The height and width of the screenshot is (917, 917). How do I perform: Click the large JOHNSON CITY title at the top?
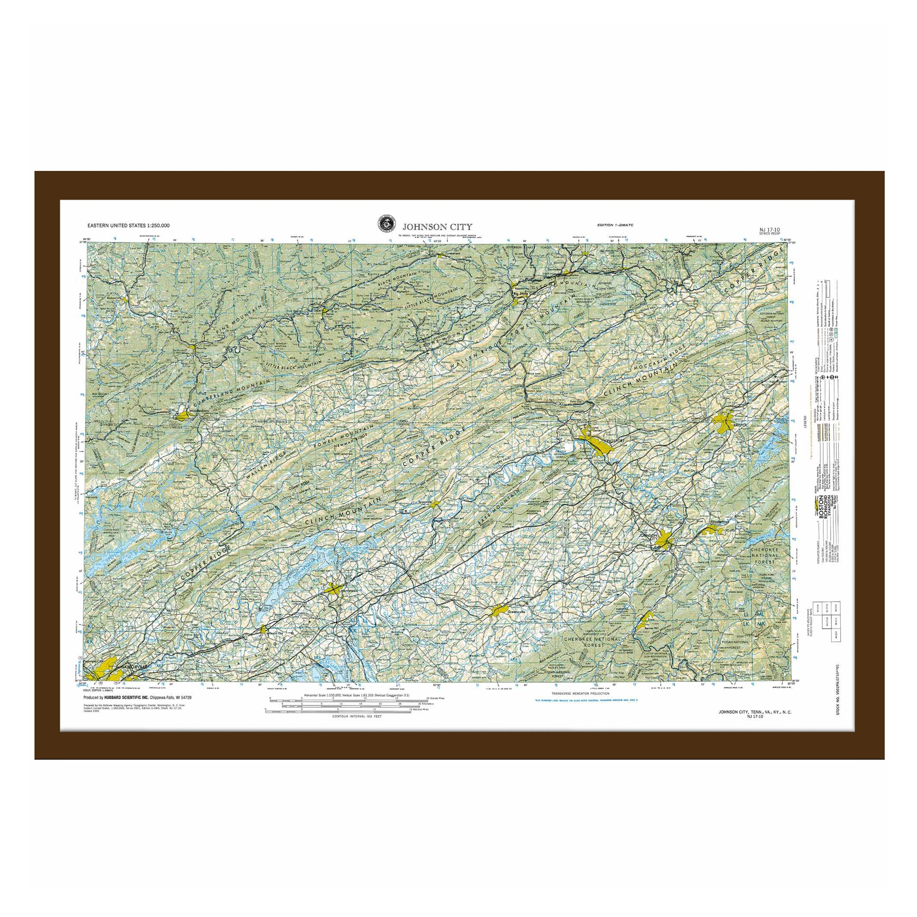pyautogui.click(x=437, y=226)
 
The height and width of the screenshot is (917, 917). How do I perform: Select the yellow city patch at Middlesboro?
pyautogui.click(x=183, y=415)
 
